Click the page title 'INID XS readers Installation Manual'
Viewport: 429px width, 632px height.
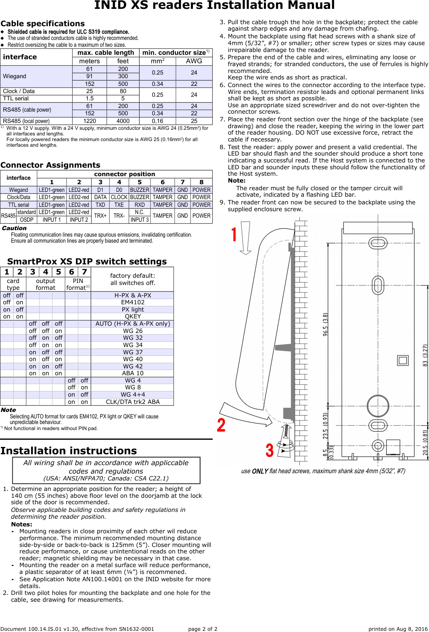(x=214, y=6)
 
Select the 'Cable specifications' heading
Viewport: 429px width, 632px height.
(x=43, y=23)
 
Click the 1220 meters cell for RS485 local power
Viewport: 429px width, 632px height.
(x=90, y=121)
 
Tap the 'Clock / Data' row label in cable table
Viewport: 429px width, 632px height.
(x=19, y=91)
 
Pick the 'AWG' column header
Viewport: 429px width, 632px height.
(x=194, y=61)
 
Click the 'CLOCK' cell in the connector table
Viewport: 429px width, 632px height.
(x=119, y=197)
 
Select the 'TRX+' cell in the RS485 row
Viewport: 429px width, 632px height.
(x=100, y=216)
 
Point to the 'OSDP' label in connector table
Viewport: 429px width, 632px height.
(x=27, y=220)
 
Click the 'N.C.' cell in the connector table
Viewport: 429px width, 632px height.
(x=140, y=212)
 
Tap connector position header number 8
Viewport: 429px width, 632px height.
(x=201, y=182)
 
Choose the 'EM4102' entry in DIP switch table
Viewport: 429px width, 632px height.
(x=133, y=302)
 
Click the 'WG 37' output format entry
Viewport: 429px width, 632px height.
(x=133, y=352)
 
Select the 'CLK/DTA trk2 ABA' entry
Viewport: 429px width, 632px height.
(x=133, y=402)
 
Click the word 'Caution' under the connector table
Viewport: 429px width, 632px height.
(x=14, y=228)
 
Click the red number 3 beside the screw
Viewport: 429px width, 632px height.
(x=270, y=450)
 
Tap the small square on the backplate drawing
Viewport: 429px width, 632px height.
(x=403, y=360)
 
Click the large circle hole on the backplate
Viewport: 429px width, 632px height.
(x=378, y=406)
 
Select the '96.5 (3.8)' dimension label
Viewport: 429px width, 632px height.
(x=325, y=324)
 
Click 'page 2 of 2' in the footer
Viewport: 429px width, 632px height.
(x=203, y=629)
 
